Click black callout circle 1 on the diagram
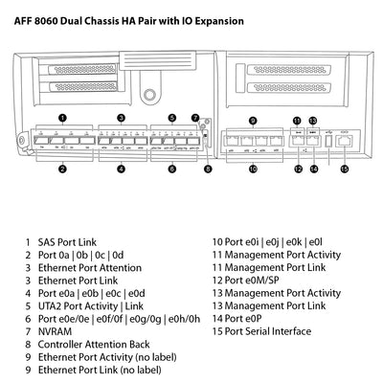pos(61,117)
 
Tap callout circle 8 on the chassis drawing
pos(209,169)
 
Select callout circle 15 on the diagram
pos(344,169)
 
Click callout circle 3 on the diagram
pos(121,117)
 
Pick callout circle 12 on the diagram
pos(298,169)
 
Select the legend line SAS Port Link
pos(68,243)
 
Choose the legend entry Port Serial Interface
pos(266,331)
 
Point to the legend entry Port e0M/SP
pos(251,281)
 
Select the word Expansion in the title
pos(217,19)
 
